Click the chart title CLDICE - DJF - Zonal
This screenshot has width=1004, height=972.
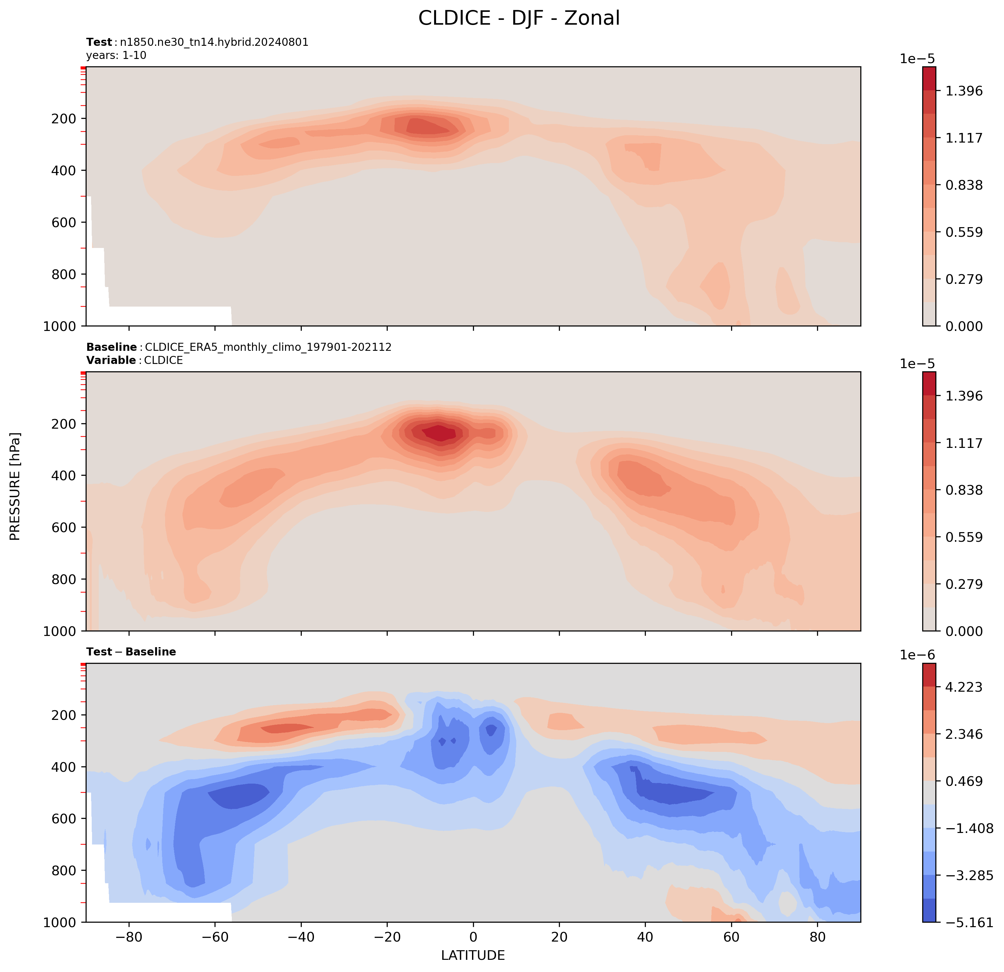point(519,19)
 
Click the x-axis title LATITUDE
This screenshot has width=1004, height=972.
point(473,955)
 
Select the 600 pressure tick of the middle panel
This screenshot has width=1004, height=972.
point(64,528)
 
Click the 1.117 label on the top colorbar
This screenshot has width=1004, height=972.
point(964,138)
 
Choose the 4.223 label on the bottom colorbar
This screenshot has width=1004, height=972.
point(964,687)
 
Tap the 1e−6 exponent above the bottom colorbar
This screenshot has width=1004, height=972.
point(918,655)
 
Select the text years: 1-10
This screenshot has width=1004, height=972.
point(116,55)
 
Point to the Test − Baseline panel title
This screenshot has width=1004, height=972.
point(131,652)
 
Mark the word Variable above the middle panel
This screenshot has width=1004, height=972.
point(111,360)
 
